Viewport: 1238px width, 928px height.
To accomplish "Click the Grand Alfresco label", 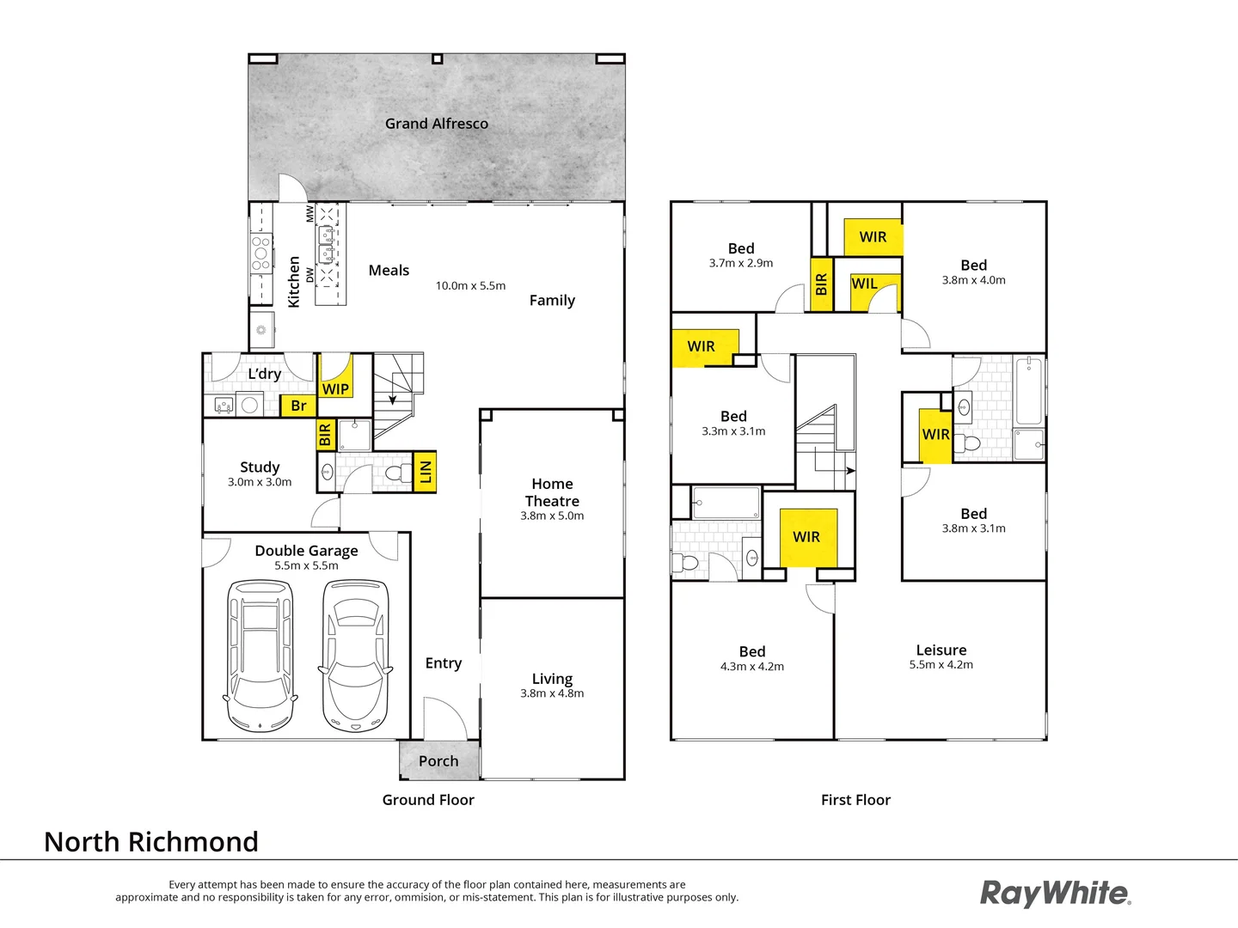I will coord(436,124).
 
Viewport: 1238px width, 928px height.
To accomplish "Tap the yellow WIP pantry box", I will coord(335,378).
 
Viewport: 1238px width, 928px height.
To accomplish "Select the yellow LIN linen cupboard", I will coord(425,471).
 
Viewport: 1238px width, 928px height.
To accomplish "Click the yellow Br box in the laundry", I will coord(298,406).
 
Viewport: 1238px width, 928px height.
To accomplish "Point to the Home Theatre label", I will coord(552,492).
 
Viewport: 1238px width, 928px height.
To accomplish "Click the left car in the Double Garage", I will coord(260,655).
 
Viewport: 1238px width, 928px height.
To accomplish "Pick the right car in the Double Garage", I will coord(355,655).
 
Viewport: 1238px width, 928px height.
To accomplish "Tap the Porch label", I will coord(438,761).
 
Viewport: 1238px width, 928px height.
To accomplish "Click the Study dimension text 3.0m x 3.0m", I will coord(260,482).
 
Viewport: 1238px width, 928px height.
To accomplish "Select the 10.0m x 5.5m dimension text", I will coord(470,286).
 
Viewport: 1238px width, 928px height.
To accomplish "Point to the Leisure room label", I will coord(941,650).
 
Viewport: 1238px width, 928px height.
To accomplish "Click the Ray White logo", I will coord(1056,893).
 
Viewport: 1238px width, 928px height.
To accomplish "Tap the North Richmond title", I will coord(151,842).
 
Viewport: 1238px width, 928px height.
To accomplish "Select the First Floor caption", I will coord(855,800).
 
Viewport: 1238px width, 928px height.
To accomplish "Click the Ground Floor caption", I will coord(428,800).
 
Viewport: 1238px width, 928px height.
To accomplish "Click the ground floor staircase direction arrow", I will coord(393,397).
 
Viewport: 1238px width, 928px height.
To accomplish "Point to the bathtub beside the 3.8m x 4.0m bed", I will coord(1028,392).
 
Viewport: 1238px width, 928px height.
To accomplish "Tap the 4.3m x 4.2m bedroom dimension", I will coord(752,667).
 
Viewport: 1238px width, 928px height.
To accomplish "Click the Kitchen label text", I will coord(294,282).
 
